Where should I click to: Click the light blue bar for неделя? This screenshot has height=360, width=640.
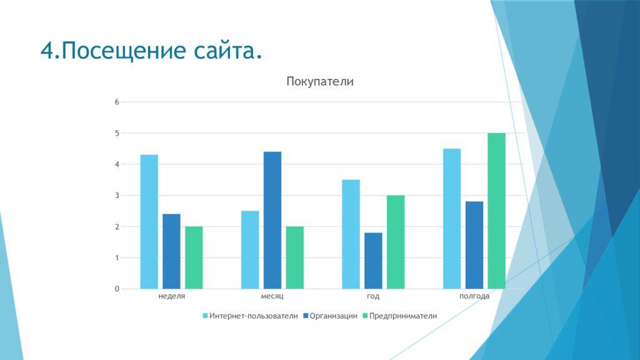pos(149,222)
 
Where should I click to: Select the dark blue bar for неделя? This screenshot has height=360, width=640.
pos(171,251)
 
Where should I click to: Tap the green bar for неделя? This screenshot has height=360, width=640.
pos(194,257)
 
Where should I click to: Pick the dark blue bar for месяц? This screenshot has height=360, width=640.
pos(272,220)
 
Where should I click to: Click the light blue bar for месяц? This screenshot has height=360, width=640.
pos(250,250)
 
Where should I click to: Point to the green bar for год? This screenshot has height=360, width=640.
pos(396,242)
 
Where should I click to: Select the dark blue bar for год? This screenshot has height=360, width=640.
pos(373,261)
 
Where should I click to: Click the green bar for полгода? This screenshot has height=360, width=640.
pos(496,211)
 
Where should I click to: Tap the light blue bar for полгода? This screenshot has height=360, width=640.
pos(452,219)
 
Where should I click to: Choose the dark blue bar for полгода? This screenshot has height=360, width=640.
pos(474,245)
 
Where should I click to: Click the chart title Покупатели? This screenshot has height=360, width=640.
pos(320,81)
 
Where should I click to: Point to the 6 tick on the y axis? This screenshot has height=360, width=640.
pos(116,102)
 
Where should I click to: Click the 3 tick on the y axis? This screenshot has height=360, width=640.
pos(116,196)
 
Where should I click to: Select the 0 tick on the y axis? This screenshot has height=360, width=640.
pos(116,289)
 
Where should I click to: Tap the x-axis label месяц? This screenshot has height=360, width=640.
pos(272,296)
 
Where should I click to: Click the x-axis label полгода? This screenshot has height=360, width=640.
pos(474,296)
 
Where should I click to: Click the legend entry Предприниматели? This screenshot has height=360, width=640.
pos(403,316)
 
